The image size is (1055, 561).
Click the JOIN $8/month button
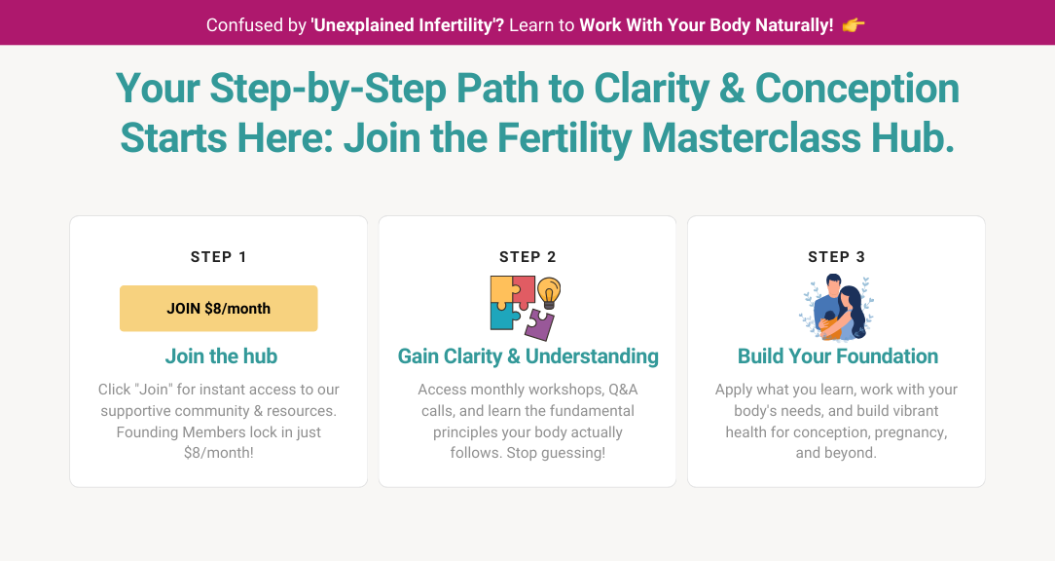click(x=219, y=309)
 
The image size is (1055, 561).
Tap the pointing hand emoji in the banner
click(x=854, y=25)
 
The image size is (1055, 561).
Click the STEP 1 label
click(x=219, y=256)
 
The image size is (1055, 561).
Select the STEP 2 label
click(x=527, y=256)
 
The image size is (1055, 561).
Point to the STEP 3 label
click(x=836, y=256)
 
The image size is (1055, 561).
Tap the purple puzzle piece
click(x=540, y=324)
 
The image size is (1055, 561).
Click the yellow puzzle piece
click(x=503, y=289)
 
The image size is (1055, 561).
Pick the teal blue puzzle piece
click(x=504, y=316)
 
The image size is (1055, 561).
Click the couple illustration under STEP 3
click(x=836, y=308)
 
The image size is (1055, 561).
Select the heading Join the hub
click(x=221, y=356)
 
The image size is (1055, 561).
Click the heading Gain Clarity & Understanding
click(x=528, y=356)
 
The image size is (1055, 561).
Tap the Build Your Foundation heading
click(x=838, y=356)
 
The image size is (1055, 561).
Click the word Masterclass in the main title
click(x=751, y=138)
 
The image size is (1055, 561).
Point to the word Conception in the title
click(x=857, y=89)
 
